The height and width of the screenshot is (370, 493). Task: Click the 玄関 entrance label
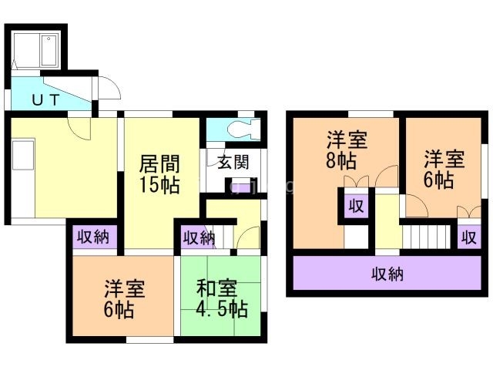(233, 163)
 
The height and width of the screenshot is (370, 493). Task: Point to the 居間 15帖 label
(159, 175)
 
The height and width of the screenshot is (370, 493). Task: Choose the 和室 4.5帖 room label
(221, 298)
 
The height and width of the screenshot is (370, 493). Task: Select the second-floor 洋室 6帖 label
(444, 170)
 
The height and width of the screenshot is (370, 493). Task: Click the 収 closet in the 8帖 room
(355, 206)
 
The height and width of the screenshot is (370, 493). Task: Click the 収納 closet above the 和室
(199, 237)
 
